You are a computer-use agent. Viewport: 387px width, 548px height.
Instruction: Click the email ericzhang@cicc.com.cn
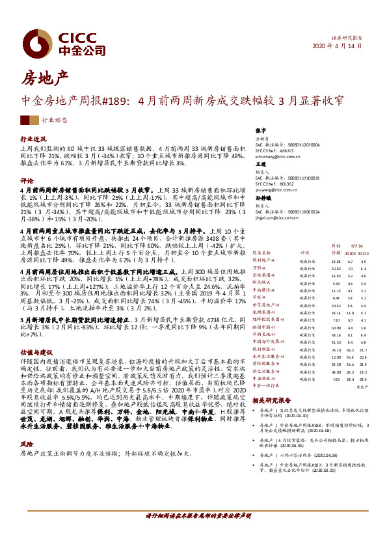[x=278, y=157]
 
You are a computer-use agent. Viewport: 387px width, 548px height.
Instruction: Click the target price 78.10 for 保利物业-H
[x=336, y=350]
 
